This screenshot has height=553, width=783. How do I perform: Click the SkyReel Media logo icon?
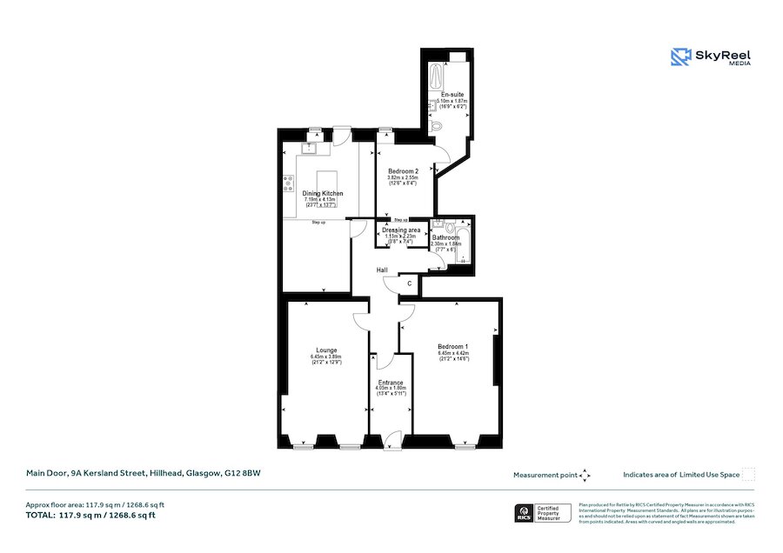tap(680, 57)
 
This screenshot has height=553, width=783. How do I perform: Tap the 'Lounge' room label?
tap(326, 350)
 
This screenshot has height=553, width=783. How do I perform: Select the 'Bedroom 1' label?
tap(452, 346)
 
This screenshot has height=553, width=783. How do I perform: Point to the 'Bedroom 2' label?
tap(403, 171)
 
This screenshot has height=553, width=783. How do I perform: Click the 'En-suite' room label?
tap(452, 94)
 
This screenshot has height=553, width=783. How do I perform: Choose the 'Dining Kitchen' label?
tap(323, 193)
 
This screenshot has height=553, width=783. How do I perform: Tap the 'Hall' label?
tap(382, 270)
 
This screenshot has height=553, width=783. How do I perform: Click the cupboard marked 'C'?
tap(410, 283)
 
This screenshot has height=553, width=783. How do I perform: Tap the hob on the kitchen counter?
tap(287, 183)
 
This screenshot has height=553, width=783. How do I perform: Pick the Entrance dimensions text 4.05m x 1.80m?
tap(391, 389)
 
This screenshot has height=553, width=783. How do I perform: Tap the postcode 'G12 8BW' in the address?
tap(243, 474)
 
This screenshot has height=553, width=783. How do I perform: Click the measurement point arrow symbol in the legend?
tap(585, 475)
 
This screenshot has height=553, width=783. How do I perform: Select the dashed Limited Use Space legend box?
tap(748, 475)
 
